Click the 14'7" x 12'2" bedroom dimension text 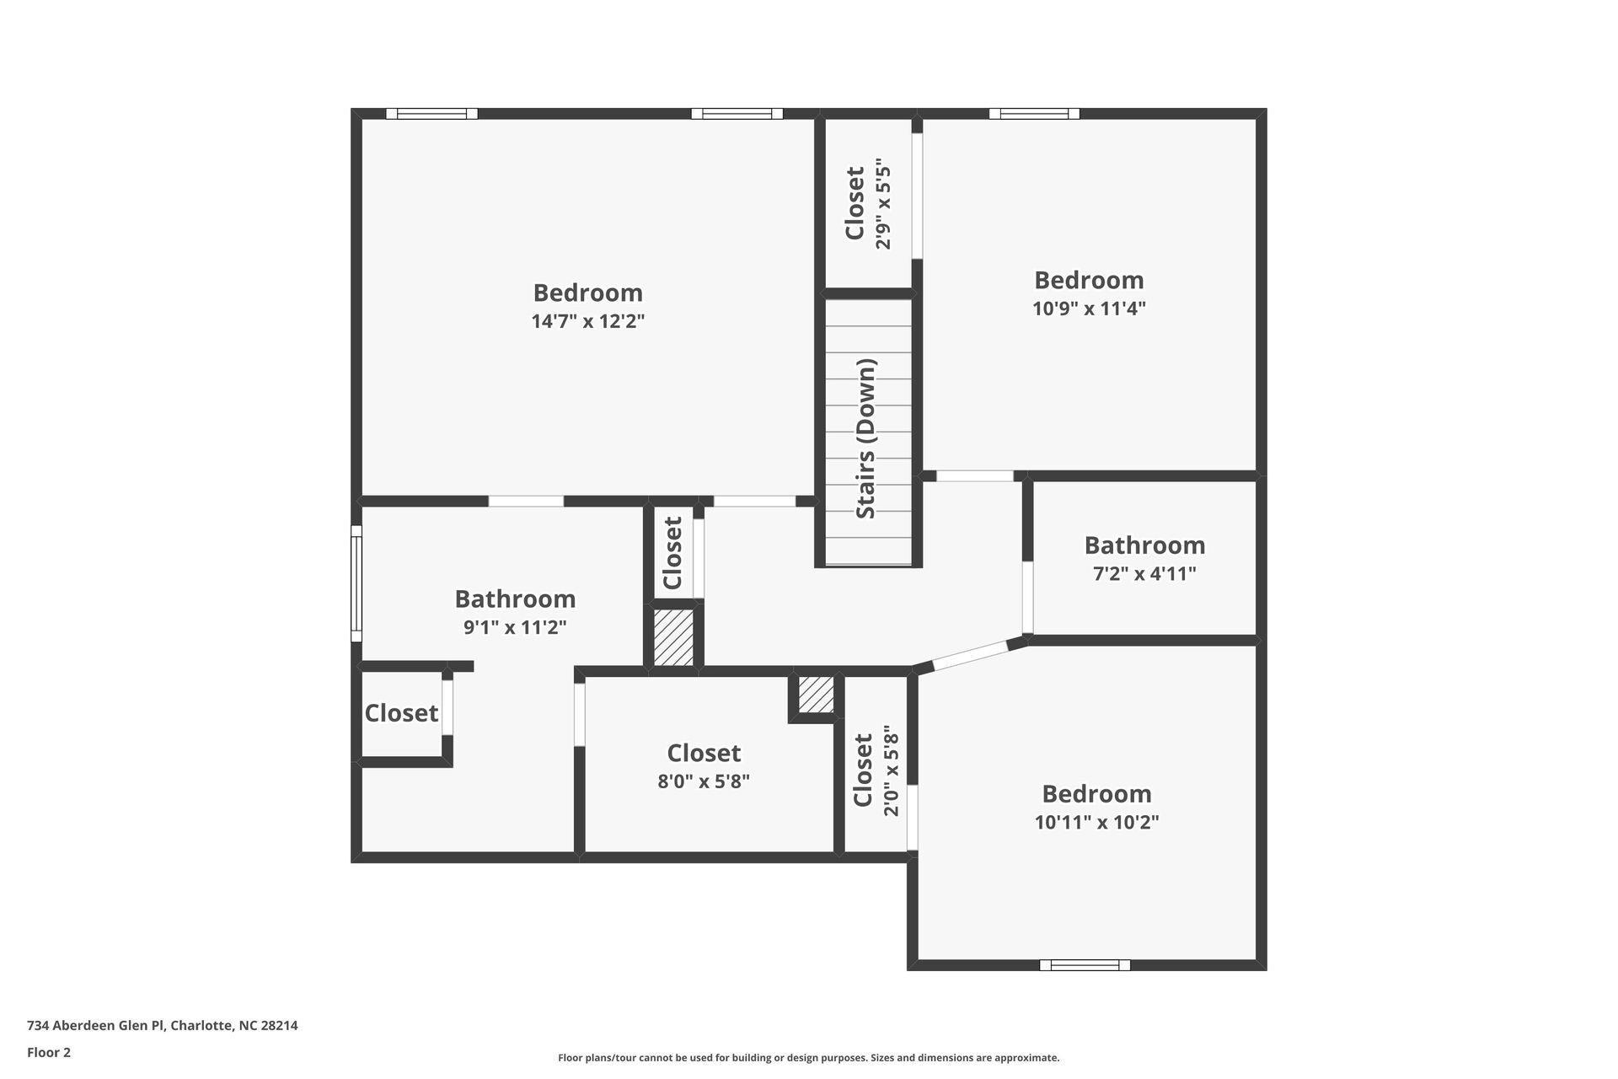pos(587,321)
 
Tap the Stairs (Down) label pos(866,438)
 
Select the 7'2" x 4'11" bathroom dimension pos(1144,574)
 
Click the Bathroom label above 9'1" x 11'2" pos(515,599)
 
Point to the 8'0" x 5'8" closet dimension pos(704,781)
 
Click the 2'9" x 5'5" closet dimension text pos(883,203)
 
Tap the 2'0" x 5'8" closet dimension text pos(891,771)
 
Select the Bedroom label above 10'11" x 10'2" pos(1096,793)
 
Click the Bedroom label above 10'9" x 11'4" pos(1089,280)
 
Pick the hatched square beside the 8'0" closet pos(816,695)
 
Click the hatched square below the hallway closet pos(673,638)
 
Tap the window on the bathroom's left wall pos(356,583)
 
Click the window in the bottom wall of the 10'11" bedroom pos(1085,965)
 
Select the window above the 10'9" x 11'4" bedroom pos(1034,114)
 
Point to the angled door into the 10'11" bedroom pos(971,656)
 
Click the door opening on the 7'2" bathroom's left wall pos(1027,597)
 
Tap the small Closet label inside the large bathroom pos(401,713)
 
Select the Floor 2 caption pos(49,1052)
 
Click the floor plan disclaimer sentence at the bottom pos(808,1058)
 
